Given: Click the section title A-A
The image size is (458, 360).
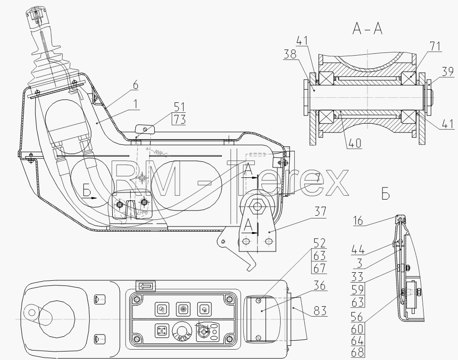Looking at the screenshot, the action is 367,29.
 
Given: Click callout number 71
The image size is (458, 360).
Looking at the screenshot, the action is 435,46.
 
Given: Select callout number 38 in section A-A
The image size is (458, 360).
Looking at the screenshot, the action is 290,54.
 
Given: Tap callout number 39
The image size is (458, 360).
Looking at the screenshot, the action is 448,72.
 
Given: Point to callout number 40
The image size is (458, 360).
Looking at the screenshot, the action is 355,143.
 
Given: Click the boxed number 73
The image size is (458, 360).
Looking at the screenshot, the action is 179,119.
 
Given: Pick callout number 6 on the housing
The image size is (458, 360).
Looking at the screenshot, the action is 135,85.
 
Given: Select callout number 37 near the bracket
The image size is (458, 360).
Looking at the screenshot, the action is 320,211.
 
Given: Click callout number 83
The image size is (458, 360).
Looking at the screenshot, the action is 320,311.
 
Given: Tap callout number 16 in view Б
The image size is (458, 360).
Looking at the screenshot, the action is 358,221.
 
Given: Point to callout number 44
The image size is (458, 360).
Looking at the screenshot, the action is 358,250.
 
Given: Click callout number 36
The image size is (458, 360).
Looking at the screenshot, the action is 320,285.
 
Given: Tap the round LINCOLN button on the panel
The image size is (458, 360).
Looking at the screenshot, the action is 182,332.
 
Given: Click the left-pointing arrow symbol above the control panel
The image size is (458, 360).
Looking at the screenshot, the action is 145,286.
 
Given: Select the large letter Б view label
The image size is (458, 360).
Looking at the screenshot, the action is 385,194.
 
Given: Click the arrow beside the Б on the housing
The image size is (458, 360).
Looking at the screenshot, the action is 89,198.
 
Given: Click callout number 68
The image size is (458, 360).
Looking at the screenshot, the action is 358,352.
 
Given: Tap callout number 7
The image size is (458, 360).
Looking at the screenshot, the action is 317,178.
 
